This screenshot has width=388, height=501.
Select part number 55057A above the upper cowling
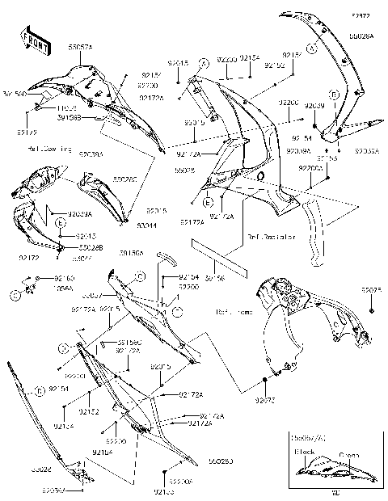click(x=80, y=48)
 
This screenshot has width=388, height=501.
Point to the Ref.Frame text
click(x=231, y=311)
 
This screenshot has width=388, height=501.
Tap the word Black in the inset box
click(x=305, y=453)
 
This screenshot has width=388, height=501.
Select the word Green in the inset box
click(x=348, y=455)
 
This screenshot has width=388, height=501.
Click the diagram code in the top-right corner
click(x=361, y=15)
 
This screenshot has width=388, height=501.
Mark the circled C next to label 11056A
click(x=15, y=295)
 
